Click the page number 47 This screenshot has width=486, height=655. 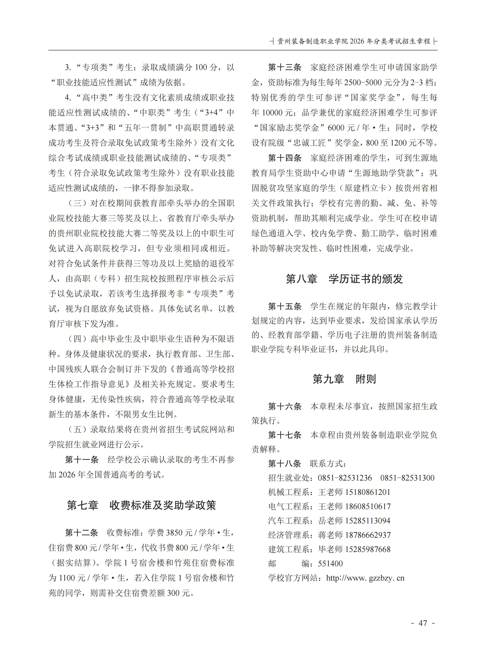click(423, 623)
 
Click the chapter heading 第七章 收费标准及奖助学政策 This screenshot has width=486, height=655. click(141, 505)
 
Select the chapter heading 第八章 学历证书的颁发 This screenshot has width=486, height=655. click(344, 279)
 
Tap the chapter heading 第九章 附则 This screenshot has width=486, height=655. click(344, 379)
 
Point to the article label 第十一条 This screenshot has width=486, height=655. click(82, 460)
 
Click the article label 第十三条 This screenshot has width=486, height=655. click(285, 67)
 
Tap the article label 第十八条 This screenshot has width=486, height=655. click(285, 464)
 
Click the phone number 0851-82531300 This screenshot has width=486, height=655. click(407, 478)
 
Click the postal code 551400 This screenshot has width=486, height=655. click(330, 563)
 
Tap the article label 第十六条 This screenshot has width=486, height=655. click(285, 406)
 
